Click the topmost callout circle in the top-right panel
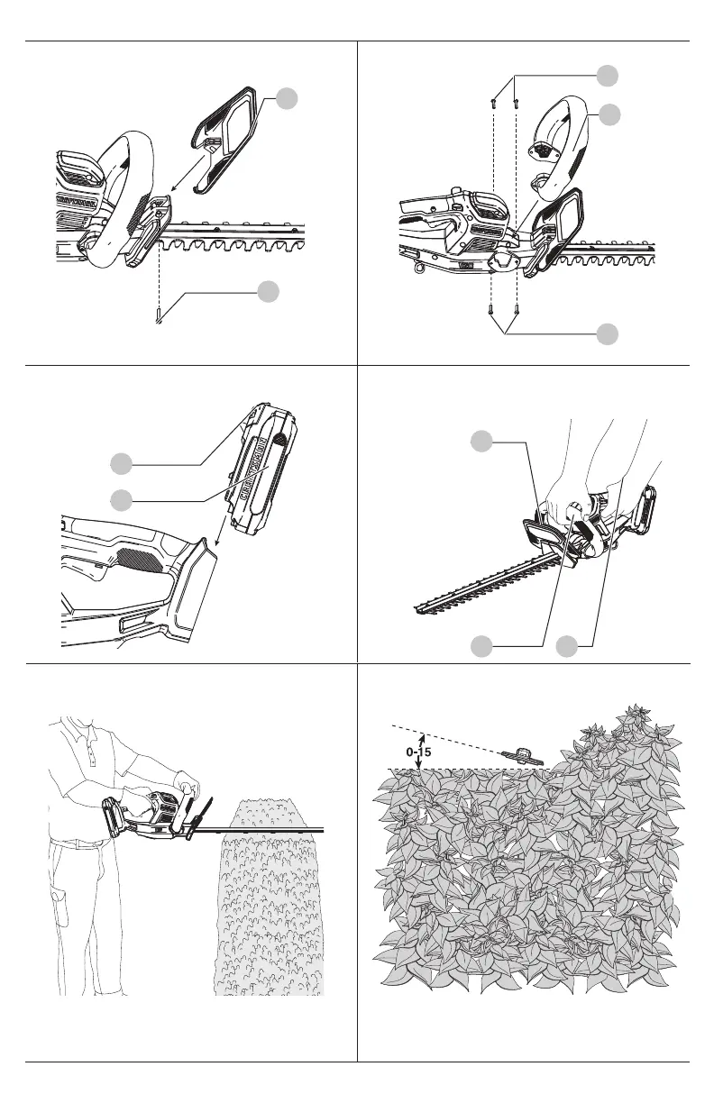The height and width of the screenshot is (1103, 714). tap(610, 75)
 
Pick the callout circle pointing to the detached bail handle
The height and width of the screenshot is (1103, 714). tap(610, 114)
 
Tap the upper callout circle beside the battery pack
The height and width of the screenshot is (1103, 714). tap(123, 464)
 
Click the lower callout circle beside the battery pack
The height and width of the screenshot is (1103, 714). tap(123, 498)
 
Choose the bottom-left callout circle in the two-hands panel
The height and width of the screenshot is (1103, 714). tap(484, 644)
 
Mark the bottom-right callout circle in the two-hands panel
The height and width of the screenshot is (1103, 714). tap(567, 644)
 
